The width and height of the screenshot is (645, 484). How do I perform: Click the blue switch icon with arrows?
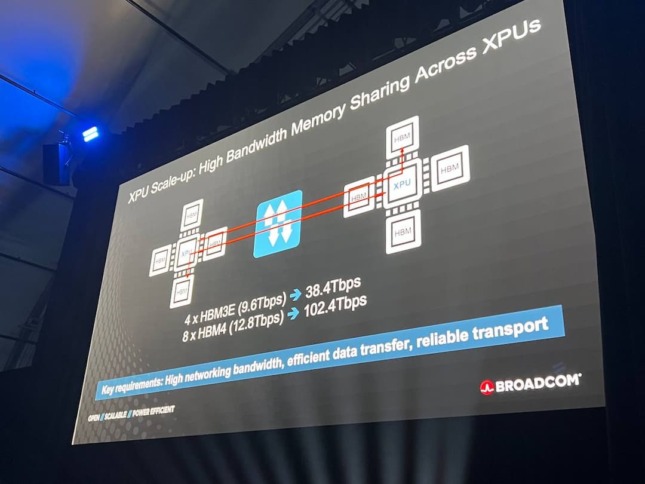click(x=278, y=223)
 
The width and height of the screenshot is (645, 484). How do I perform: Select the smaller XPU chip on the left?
click(x=186, y=253)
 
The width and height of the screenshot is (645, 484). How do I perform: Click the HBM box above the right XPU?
click(x=403, y=138)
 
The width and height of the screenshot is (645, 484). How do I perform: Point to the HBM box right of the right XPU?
click(x=450, y=169)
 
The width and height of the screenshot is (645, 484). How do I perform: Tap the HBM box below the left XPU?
click(x=182, y=290)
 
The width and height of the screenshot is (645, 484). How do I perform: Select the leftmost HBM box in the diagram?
click(x=160, y=261)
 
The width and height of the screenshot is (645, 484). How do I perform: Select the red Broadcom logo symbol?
click(x=487, y=388)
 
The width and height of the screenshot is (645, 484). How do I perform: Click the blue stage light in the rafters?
click(x=91, y=134)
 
